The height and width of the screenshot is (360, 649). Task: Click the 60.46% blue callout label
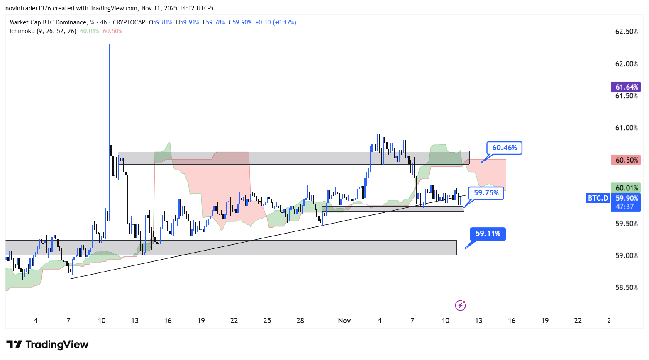tap(504, 148)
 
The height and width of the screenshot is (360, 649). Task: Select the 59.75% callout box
tap(486, 193)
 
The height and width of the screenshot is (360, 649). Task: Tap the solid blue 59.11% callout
tap(488, 234)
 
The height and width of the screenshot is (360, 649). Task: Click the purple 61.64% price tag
tap(626, 87)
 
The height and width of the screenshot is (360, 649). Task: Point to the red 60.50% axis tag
tap(626, 160)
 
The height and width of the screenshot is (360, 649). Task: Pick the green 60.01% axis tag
tap(626, 188)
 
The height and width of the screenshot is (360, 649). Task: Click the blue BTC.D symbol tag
tap(598, 198)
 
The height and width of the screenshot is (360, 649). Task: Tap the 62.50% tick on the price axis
tap(626, 32)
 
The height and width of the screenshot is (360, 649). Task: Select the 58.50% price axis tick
tap(626, 287)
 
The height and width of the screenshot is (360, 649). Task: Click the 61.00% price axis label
tap(626, 128)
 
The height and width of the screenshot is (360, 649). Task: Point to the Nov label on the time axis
tap(344, 321)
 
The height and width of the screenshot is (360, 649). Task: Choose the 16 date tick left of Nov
tap(168, 321)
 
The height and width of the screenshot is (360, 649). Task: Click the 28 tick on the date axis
tap(300, 321)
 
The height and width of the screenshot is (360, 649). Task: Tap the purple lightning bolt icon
tap(460, 306)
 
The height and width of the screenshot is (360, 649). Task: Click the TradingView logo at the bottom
tap(47, 345)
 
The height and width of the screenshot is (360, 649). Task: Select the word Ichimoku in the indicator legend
tap(22, 31)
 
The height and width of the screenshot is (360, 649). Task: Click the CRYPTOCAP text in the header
tap(129, 22)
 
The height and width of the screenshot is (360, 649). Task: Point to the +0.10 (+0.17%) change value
tap(276, 22)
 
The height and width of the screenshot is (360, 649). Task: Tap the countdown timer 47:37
tap(625, 207)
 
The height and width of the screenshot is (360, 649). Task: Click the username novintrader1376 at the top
tap(28, 8)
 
